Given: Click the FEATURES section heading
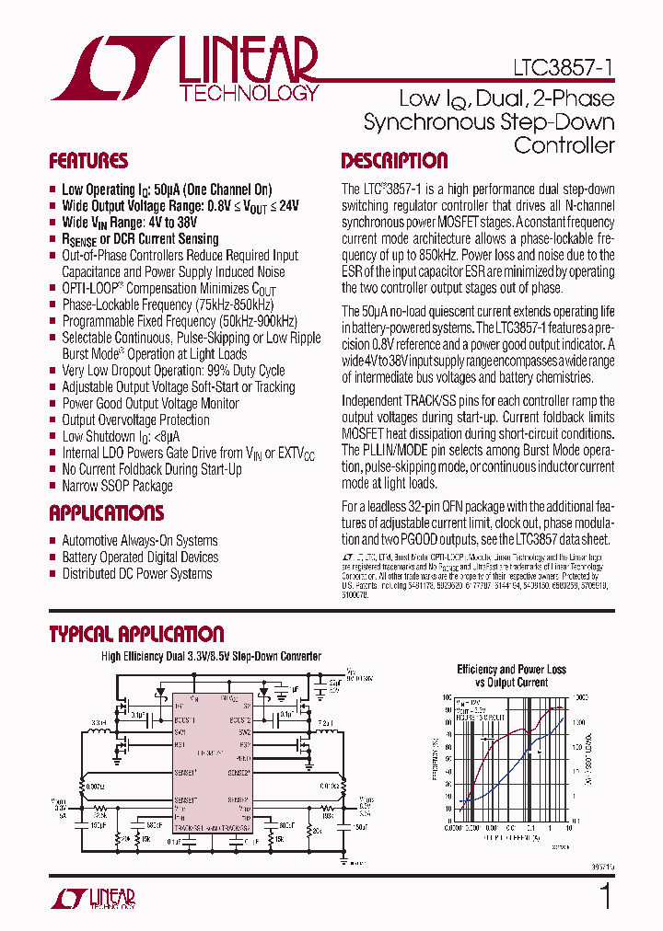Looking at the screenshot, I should [88, 161].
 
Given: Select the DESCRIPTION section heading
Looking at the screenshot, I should [394, 161].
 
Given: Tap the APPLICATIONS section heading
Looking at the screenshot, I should [106, 513].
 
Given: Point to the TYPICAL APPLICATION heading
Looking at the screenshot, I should [135, 634].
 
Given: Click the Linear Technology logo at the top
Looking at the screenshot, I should [184, 68].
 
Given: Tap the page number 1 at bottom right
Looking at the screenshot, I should [605, 896].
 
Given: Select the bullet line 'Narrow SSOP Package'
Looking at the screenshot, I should [117, 486].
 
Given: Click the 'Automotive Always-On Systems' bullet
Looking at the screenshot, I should [140, 541].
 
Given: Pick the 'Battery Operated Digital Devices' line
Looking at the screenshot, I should [140, 557].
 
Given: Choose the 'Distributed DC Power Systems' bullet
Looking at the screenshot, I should [137, 574].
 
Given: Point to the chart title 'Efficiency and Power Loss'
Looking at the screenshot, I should [512, 670].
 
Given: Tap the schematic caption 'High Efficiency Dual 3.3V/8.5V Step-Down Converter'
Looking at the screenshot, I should [211, 657].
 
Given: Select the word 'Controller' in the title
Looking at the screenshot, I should [564, 144].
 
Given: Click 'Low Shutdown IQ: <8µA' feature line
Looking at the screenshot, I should [121, 437].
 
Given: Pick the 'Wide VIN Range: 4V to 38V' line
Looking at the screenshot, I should [129, 223].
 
